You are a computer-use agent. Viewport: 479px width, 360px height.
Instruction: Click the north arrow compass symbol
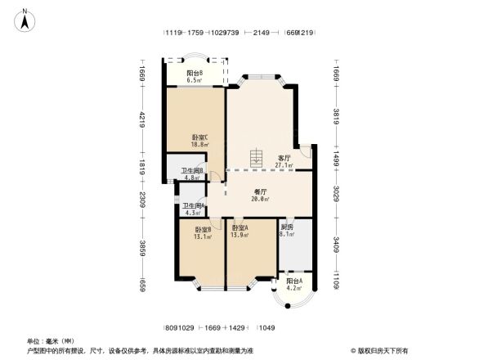click(x=25, y=19)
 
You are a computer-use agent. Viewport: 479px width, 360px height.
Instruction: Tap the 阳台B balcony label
click(x=195, y=74)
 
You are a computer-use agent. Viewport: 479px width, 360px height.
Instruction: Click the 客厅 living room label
click(x=284, y=158)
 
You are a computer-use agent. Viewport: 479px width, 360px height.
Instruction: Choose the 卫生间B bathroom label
click(x=193, y=170)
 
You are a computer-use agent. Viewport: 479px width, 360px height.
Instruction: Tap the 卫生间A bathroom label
click(x=193, y=206)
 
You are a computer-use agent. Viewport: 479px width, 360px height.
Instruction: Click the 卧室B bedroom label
click(x=203, y=230)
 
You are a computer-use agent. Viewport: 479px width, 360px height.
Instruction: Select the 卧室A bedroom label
click(x=240, y=227)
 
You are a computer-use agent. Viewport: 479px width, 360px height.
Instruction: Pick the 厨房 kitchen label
click(x=286, y=227)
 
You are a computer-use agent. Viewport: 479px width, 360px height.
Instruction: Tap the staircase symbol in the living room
click(x=257, y=156)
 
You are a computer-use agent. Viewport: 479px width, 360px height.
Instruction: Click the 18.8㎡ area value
click(x=200, y=145)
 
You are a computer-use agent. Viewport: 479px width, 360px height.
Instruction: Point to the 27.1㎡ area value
click(x=284, y=165)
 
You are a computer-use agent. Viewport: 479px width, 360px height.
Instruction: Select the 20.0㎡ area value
click(x=261, y=199)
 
